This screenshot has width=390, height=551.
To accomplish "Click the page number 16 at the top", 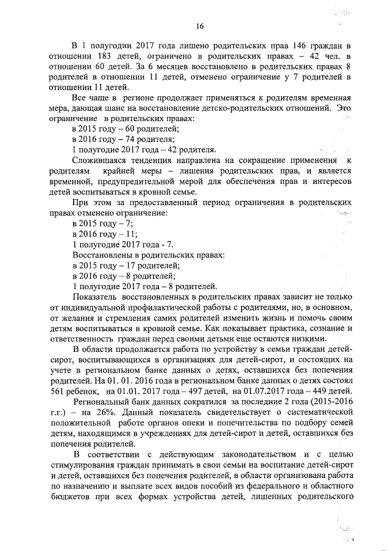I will click(x=199, y=26).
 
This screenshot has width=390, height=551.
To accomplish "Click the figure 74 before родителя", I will click(x=127, y=139).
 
